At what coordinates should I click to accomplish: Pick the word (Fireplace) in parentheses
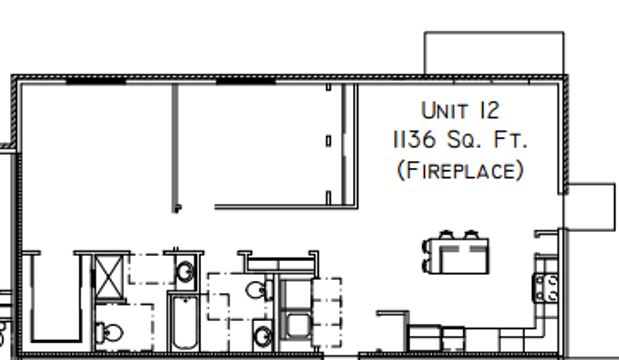pos(460,170)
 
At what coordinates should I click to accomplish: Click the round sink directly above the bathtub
pos(185,272)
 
